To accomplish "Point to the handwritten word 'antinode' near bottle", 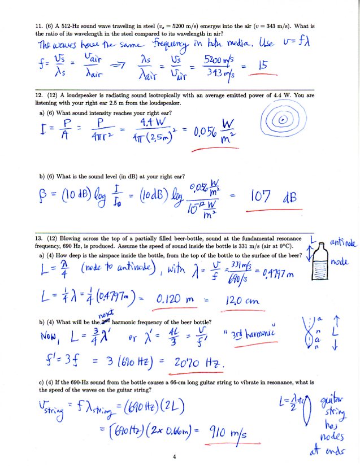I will point(344,243).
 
